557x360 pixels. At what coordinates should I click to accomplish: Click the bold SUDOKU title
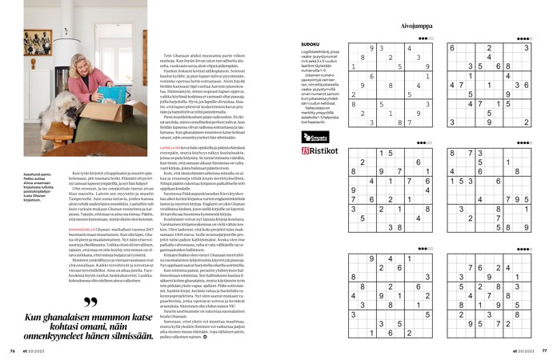[x=310, y=43]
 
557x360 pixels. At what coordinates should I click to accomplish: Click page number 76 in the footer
[x=13, y=350]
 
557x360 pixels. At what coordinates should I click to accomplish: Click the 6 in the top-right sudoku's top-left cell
[x=455, y=48]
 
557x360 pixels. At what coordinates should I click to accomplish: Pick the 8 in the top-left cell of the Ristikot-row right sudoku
[x=455, y=153]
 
